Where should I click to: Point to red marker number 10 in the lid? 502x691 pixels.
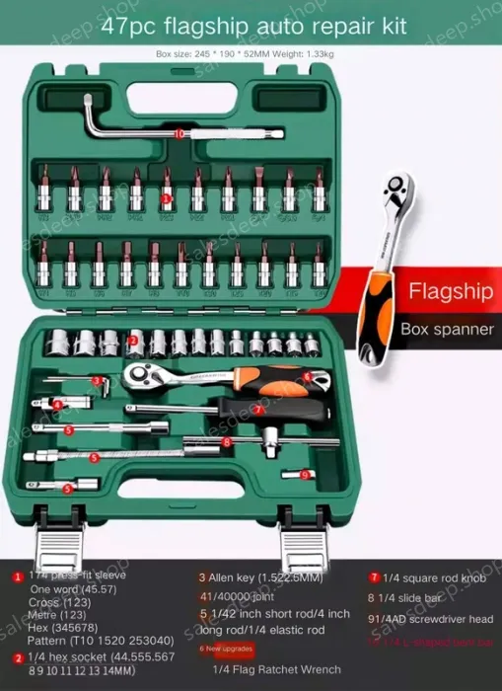coord(179,132)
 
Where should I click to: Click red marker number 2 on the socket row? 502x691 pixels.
coord(131,342)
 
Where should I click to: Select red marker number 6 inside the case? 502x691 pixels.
coord(307,376)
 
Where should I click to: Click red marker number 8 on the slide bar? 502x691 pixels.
coord(227,441)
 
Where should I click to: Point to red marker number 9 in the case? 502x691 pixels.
coord(305,475)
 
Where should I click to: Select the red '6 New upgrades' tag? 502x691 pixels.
coord(226,649)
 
